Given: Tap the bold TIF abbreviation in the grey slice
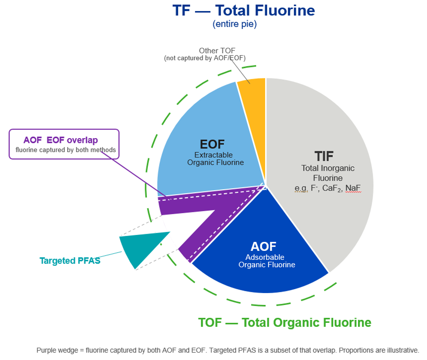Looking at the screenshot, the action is coord(324,156).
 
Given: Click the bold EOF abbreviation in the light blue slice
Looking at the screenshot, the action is coord(212,144).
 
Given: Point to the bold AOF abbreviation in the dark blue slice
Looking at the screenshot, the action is coord(263,247).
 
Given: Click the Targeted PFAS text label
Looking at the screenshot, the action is coord(70,261).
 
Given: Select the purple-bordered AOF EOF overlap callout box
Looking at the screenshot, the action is coord(64,144).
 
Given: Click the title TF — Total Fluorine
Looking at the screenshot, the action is coord(244,11).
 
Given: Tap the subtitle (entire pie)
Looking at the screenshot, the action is coord(235,24).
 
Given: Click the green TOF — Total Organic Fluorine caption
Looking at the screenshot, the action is coord(284,322).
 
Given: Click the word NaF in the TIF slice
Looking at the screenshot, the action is coord(353,188).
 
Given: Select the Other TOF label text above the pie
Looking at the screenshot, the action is coord(217,51).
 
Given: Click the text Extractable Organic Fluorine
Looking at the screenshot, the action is coord(215,159).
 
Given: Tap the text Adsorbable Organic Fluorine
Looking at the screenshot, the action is coord(266,261).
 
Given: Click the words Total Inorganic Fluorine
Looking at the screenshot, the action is coord(328,173).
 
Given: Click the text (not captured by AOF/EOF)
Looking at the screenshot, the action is coord(205,58).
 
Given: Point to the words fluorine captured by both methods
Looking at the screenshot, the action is coord(66,150).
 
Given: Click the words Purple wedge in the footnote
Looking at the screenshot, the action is coord(57,351).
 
